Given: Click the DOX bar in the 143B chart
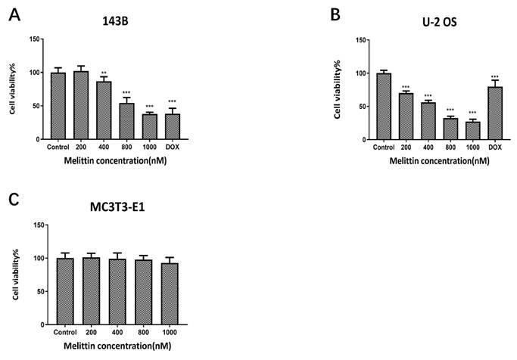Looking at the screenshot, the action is (172, 126).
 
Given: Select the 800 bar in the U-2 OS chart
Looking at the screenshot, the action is (450, 129).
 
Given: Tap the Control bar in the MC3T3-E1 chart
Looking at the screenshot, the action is (65, 291).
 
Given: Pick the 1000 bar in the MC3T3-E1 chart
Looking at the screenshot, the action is (170, 293).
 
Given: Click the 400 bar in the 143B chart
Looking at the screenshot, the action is (104, 110).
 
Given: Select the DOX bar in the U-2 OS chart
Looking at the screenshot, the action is (495, 113).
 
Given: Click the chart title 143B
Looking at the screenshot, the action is (115, 21).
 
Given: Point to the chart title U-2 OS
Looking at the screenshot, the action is (440, 22).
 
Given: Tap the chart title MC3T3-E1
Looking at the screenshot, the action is (117, 207).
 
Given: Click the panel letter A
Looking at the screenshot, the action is (14, 15).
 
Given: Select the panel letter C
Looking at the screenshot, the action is (14, 200).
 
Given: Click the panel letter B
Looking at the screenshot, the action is (335, 15).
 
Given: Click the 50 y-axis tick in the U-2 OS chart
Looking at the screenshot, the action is (362, 107).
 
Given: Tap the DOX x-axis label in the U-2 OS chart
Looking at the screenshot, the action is (495, 147).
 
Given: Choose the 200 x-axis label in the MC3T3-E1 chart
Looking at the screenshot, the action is (91, 332).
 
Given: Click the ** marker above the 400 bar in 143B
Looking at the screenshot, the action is (104, 73).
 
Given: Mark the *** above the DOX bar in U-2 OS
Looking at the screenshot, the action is (495, 77).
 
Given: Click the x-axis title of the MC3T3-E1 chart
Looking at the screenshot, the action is (117, 346).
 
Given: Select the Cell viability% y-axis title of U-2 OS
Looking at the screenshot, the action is (337, 89).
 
